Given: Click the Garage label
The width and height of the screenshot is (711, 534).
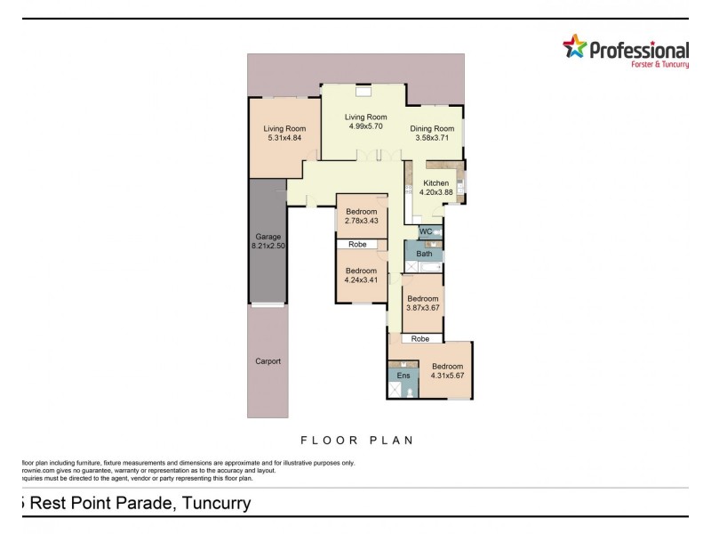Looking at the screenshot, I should point(268,237).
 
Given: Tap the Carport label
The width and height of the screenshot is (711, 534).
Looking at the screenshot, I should point(268,361).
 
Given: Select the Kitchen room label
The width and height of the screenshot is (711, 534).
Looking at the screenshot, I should point(436,183).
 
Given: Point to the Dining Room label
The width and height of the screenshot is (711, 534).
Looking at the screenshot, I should point(432,128).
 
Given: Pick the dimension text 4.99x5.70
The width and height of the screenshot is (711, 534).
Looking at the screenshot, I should point(366,127).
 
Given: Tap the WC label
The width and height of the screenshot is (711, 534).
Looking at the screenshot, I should point(425,231).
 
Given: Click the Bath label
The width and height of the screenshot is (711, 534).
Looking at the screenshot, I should point(424,254).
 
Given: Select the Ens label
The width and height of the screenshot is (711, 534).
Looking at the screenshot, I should point(403,376).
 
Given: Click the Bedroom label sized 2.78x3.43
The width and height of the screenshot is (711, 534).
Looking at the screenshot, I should point(362,212).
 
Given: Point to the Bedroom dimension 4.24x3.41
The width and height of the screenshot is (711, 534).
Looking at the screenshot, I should point(362,280).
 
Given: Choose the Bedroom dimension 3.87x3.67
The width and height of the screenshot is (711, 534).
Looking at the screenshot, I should point(423,308).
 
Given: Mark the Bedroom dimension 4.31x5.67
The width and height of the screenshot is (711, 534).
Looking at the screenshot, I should point(447,376).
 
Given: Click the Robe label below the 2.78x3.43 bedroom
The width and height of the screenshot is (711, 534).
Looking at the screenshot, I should point(358,244).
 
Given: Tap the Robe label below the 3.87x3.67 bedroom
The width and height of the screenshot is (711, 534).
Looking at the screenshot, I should point(420,339).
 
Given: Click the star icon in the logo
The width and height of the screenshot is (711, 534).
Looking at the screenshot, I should point(576,47).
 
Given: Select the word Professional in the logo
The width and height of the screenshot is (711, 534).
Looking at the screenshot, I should point(639,51).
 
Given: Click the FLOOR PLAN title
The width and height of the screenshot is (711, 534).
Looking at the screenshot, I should point(358,440).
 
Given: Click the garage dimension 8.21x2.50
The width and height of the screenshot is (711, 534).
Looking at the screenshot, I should point(268,247).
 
